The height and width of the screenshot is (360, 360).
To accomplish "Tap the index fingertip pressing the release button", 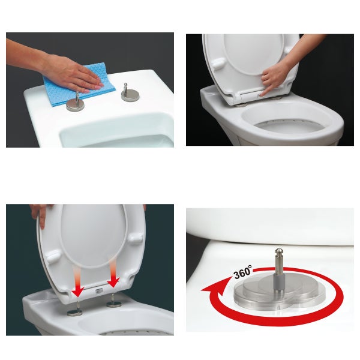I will coord(265,92).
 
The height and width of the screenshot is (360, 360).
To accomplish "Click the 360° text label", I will coord(243,272).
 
